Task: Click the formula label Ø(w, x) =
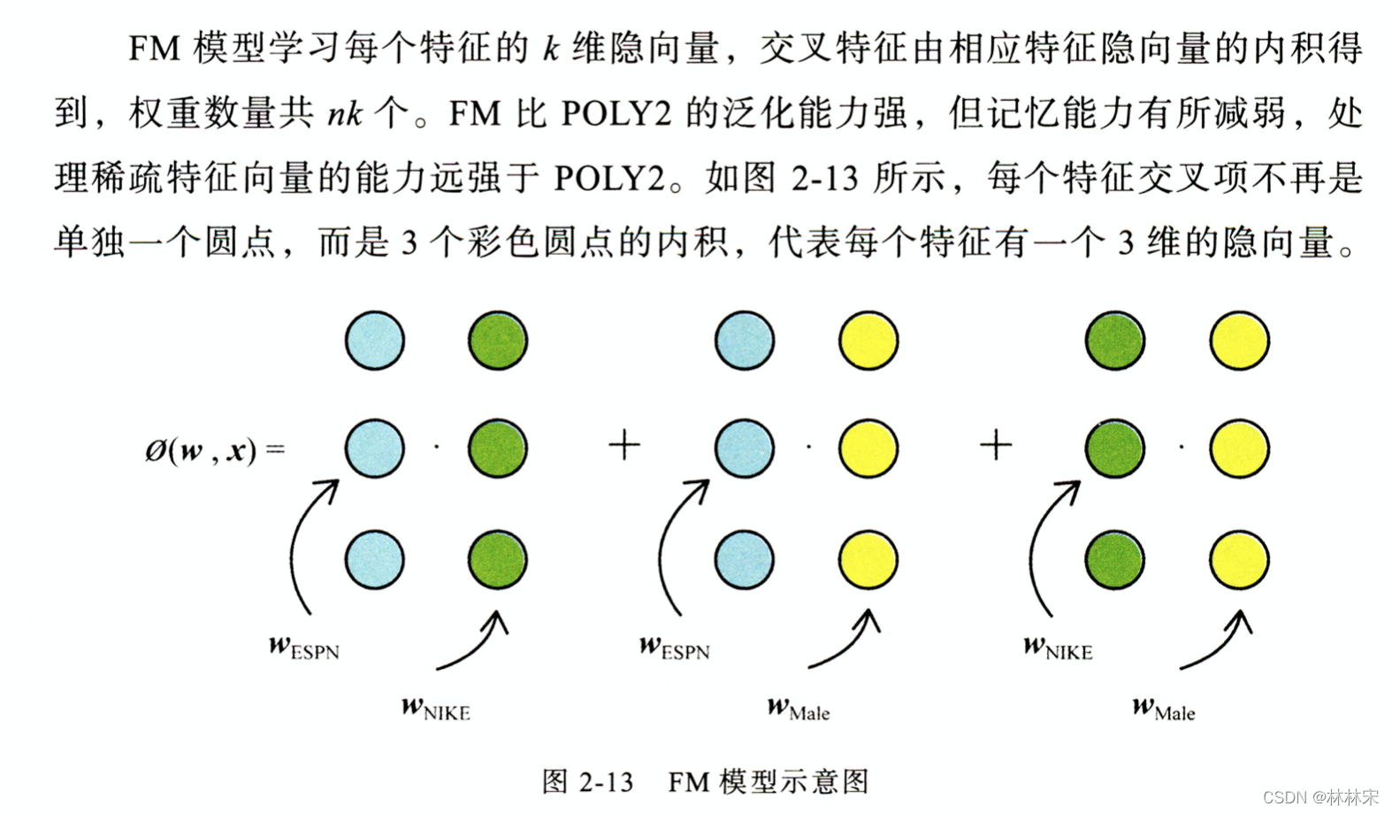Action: (214, 450)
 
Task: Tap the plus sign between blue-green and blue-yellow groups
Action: (624, 444)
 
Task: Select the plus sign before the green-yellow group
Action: (996, 444)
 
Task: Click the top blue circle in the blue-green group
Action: (375, 340)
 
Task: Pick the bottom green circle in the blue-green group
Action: (498, 559)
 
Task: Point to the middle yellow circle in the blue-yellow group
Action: (868, 449)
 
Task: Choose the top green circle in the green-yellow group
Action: (1115, 340)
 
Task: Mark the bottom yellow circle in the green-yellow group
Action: (1240, 559)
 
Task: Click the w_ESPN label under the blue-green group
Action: (303, 648)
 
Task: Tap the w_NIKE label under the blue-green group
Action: (435, 709)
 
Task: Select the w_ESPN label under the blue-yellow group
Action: (674, 648)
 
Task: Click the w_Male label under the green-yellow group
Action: (1163, 709)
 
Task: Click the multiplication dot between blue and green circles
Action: (437, 447)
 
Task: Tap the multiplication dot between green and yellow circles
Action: (1182, 447)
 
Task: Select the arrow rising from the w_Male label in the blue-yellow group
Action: (845, 641)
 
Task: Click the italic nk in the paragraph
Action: (343, 114)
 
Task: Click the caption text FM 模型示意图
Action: (768, 782)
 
